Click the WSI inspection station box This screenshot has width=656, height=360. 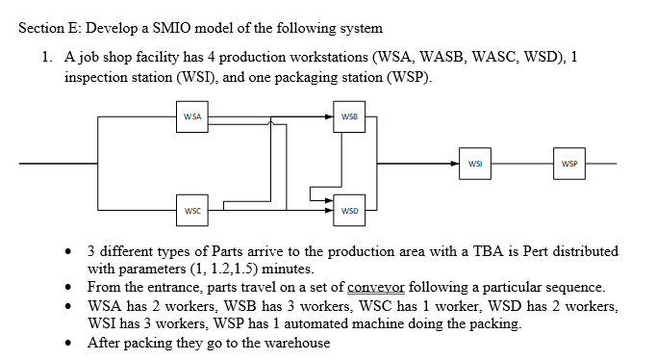click(475, 164)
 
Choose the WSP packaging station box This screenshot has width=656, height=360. click(568, 164)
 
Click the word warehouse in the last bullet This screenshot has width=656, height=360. click(296, 343)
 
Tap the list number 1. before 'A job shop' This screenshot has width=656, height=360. click(47, 58)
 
